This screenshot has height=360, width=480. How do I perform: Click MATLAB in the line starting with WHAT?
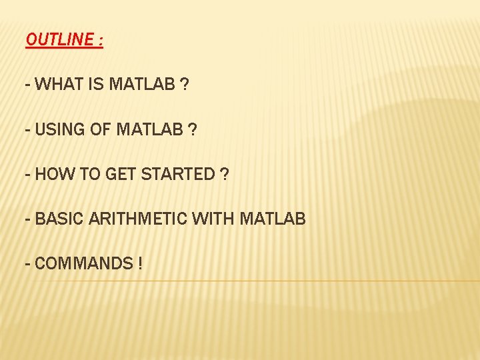click(142, 85)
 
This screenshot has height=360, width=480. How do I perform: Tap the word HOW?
click(53, 174)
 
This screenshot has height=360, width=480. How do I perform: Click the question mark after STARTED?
click(224, 174)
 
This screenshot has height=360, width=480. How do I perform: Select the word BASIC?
click(57, 219)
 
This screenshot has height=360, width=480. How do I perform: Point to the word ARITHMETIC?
click(135, 219)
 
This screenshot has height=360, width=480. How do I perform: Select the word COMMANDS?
click(83, 263)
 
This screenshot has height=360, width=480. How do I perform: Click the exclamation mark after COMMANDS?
click(140, 263)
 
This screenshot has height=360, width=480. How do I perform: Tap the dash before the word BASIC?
click(27, 219)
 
